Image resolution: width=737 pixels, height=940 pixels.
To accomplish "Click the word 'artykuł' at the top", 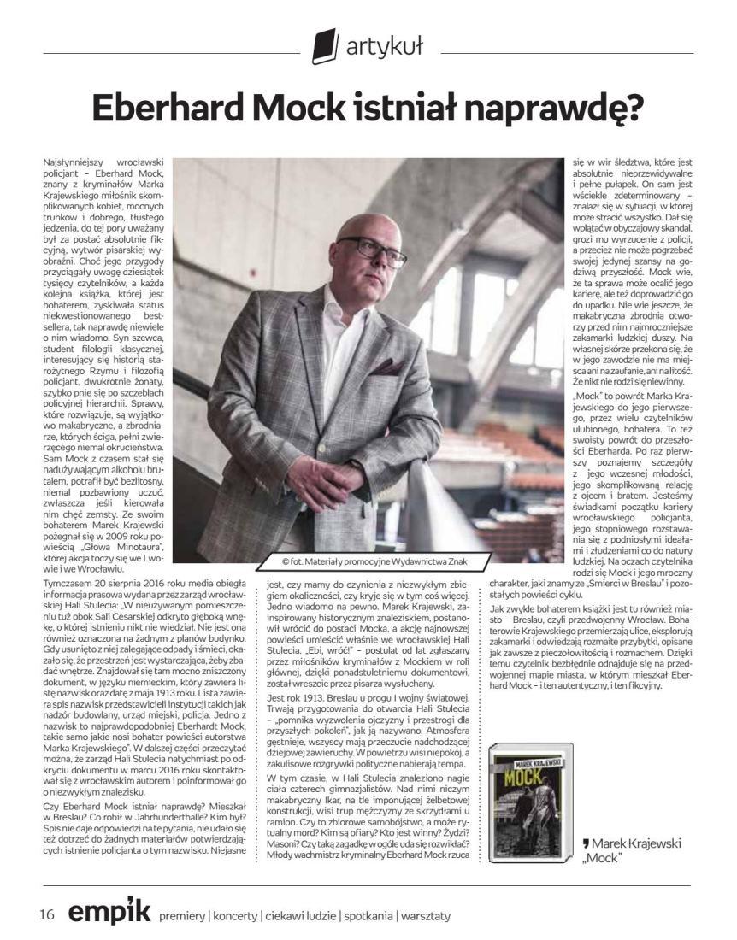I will click(384, 46).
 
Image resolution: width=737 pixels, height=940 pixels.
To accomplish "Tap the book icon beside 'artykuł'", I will click(325, 45).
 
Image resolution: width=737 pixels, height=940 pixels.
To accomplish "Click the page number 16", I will click(47, 914).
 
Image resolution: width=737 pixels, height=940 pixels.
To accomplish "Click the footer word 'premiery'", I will click(182, 916).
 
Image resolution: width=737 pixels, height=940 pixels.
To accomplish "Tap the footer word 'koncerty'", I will click(234, 916).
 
